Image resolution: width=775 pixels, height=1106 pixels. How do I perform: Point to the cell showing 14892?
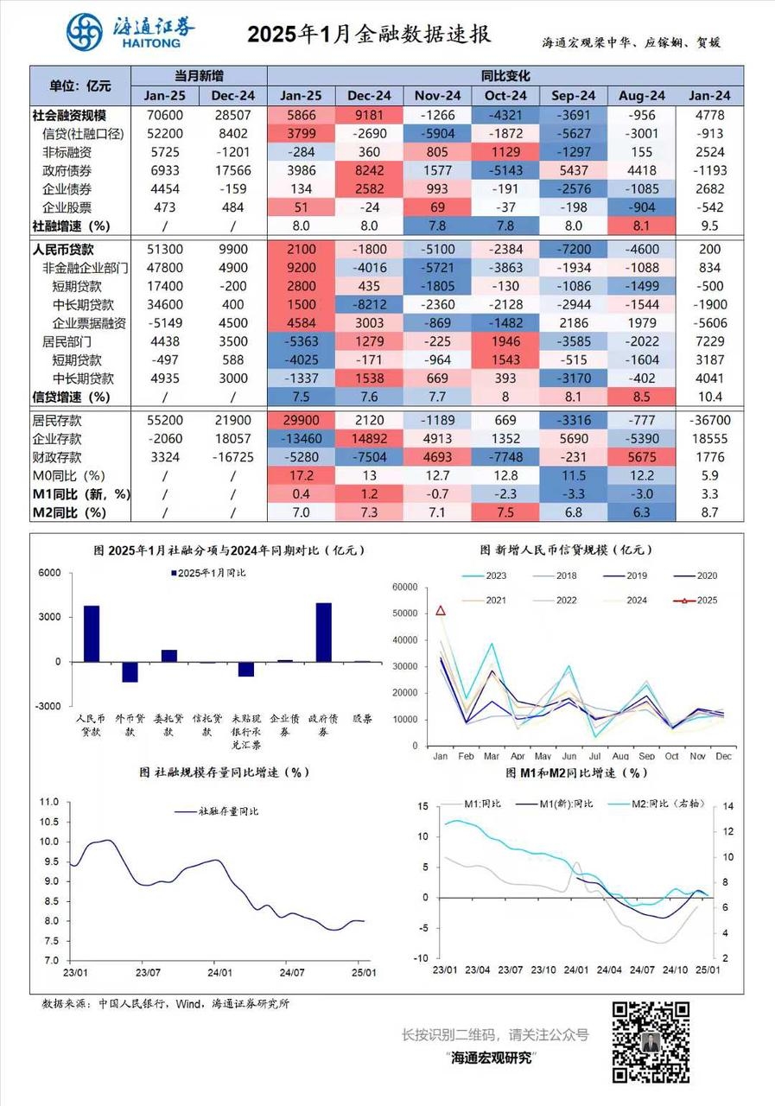(x=370, y=438)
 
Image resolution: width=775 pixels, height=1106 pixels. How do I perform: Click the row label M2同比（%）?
(x=69, y=512)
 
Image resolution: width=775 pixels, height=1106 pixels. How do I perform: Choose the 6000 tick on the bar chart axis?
(x=48, y=573)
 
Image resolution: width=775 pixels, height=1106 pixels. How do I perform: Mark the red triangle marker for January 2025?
(x=441, y=611)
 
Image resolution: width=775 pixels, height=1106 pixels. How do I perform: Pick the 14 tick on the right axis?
(x=728, y=806)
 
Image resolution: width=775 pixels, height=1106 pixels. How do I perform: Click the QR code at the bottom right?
(x=651, y=1042)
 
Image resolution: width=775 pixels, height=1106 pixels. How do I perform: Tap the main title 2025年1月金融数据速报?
(x=369, y=35)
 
